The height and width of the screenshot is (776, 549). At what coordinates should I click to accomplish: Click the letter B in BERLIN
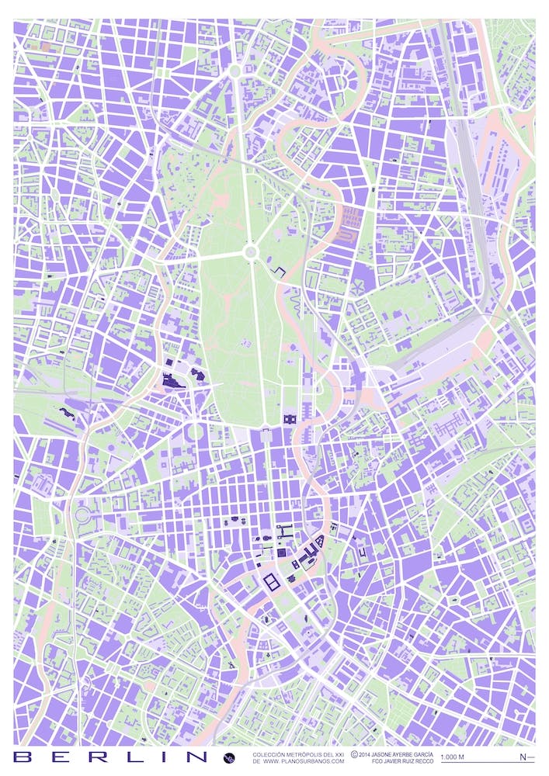24,757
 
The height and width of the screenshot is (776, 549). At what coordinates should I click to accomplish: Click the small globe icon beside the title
229,757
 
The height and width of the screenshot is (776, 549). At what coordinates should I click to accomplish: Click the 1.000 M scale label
452,757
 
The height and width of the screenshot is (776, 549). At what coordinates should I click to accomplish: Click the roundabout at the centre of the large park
250,252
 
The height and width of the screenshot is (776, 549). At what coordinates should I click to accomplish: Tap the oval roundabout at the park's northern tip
235,71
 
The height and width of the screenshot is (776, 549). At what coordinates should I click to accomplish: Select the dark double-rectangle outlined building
273,582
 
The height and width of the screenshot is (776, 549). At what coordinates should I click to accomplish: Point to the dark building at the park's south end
290,419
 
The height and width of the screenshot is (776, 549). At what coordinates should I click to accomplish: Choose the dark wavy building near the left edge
68,414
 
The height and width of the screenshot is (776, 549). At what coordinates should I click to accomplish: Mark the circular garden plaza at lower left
82,514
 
